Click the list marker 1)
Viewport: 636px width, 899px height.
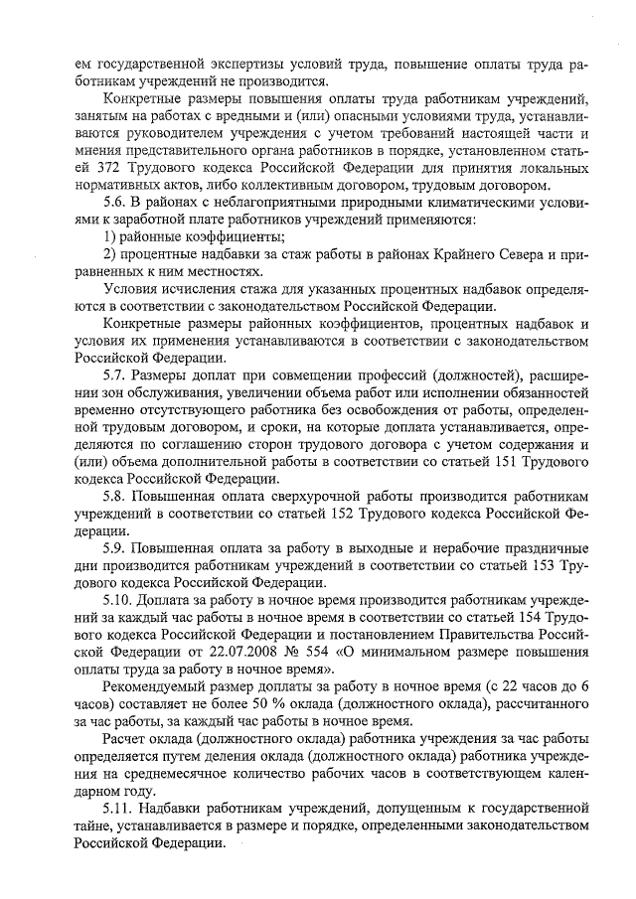coord(109,235)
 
